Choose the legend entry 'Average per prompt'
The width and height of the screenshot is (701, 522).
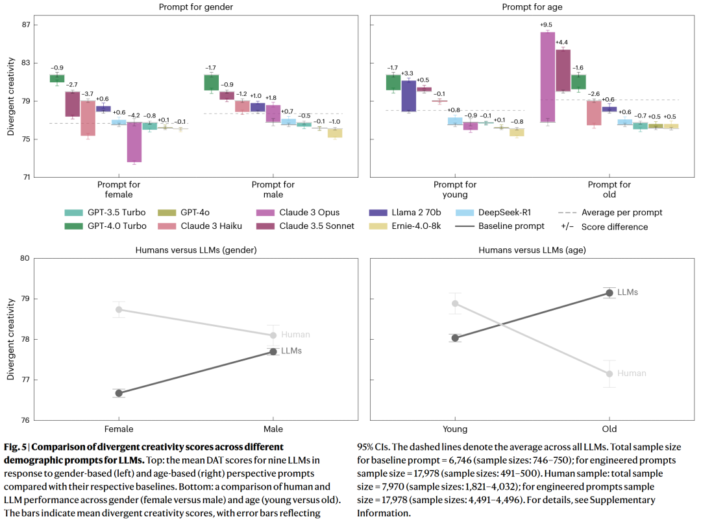click(x=613, y=213)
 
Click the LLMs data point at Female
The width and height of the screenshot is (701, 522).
click(x=119, y=393)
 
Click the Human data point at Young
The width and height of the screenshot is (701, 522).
click(x=455, y=303)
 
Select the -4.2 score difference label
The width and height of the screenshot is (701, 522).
click(x=134, y=115)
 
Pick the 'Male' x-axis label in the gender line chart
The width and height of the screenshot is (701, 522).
click(x=273, y=429)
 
